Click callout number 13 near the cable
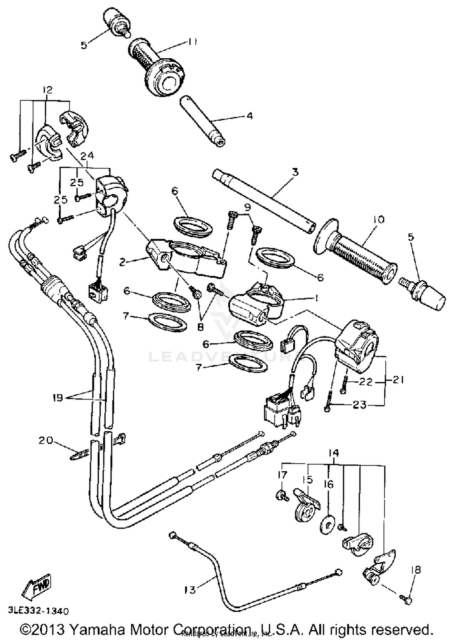tap(190, 590)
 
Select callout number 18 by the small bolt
tap(416, 570)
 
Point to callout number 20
tap(46, 441)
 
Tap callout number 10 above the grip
tap(379, 219)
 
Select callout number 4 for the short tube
tap(249, 116)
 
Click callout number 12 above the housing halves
tap(48, 90)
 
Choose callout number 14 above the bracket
tap(334, 453)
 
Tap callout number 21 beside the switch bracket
tap(398, 380)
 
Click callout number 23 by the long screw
tap(360, 404)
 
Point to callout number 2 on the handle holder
tap(122, 262)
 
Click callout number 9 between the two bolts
tap(248, 207)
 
